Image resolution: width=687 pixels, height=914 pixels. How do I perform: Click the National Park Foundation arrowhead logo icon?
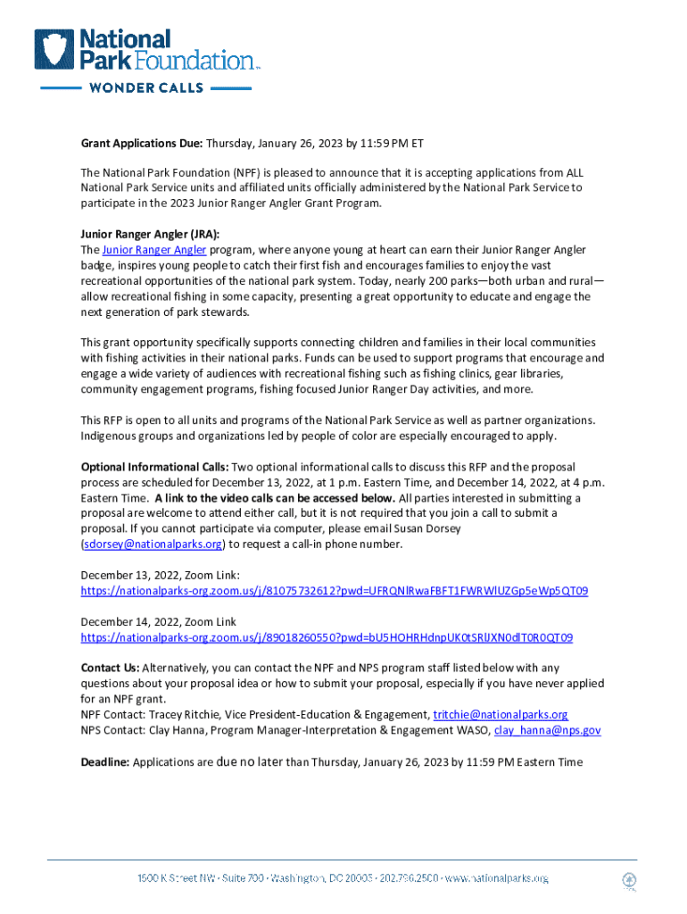(x=55, y=50)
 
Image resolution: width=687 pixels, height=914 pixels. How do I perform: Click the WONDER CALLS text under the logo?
(x=145, y=88)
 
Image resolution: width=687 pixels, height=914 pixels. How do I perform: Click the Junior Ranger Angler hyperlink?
(x=154, y=250)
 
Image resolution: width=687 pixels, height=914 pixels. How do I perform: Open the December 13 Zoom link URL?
(x=334, y=591)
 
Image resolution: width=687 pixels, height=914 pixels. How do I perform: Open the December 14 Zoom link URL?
(x=327, y=637)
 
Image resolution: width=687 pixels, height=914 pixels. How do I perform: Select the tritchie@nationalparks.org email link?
(x=501, y=715)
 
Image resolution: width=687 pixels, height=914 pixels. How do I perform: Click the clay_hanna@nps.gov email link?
(x=547, y=730)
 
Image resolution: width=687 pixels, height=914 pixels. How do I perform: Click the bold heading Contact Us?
(x=110, y=668)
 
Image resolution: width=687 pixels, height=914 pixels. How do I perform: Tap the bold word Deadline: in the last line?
(x=105, y=762)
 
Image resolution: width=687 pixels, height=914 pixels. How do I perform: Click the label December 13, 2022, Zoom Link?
(x=160, y=576)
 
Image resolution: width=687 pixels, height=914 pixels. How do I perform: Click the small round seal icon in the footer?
(x=629, y=880)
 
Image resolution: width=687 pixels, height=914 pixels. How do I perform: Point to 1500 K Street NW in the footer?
(x=176, y=878)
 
